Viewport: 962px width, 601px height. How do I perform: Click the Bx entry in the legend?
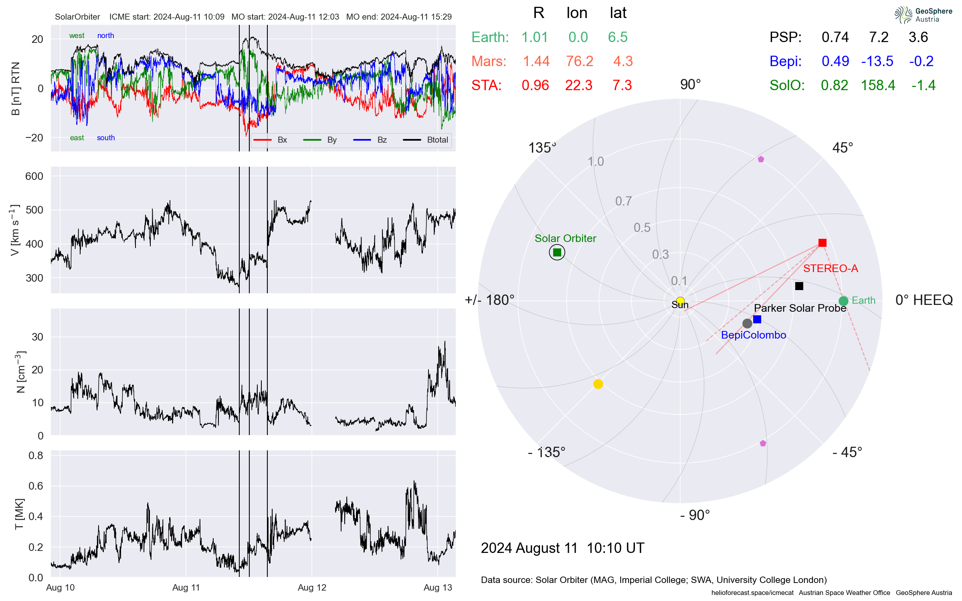click(x=282, y=140)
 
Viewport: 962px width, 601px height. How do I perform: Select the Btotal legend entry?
click(x=437, y=140)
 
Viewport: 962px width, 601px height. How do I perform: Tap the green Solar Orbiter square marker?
click(x=557, y=252)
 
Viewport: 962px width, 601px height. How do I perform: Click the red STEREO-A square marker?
click(x=822, y=243)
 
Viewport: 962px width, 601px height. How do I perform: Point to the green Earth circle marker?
click(x=843, y=301)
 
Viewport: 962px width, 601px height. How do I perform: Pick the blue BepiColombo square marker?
click(x=757, y=319)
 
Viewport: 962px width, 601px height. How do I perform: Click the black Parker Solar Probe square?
click(x=799, y=286)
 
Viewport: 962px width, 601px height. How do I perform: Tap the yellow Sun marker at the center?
click(x=680, y=301)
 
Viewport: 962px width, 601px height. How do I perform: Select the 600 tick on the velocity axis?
click(x=34, y=176)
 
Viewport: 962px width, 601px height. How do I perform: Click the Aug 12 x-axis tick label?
click(x=312, y=587)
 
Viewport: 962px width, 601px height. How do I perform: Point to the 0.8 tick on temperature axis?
click(x=36, y=455)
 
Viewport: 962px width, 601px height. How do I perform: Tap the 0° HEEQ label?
click(x=924, y=300)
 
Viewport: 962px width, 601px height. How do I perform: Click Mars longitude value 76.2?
click(x=579, y=61)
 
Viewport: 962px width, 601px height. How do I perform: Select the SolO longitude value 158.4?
click(x=878, y=85)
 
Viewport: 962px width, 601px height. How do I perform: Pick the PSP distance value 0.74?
click(x=835, y=37)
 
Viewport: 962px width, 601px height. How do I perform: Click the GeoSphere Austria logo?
click(x=923, y=15)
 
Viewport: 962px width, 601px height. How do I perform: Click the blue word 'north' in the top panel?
click(x=105, y=36)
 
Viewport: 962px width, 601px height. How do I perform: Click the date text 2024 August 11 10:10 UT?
click(x=562, y=548)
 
